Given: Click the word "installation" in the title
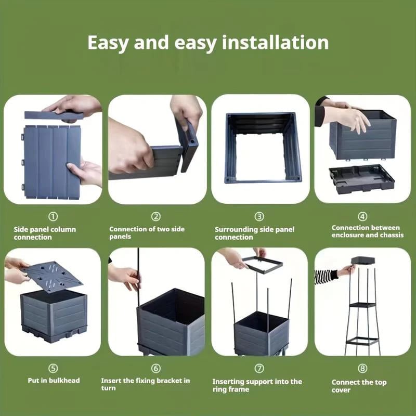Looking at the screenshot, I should pyautogui.click(x=275, y=42).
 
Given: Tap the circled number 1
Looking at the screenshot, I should pyautogui.click(x=53, y=217).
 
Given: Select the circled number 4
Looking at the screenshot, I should pyautogui.click(x=362, y=217).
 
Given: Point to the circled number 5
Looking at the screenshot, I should pyautogui.click(x=53, y=369).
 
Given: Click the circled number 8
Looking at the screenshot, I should pyautogui.click(x=362, y=369).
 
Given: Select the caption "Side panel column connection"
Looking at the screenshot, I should pyautogui.click(x=45, y=233).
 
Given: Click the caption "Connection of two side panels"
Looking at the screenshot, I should pyautogui.click(x=147, y=233).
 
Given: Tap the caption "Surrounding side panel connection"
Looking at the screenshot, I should pyautogui.click(x=254, y=233).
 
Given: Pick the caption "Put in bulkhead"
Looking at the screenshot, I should pyautogui.click(x=54, y=380).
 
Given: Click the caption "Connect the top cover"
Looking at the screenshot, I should pyautogui.click(x=359, y=386).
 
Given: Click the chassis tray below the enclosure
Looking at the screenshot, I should pyautogui.click(x=361, y=178).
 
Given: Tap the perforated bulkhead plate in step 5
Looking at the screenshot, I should pyautogui.click(x=54, y=276).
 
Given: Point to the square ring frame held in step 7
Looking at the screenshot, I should pyautogui.click(x=262, y=264).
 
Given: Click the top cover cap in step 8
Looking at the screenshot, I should pyautogui.click(x=363, y=261).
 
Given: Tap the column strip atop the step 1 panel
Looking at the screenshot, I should pyautogui.click(x=53, y=115).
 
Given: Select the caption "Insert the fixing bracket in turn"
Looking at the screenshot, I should pyautogui.click(x=146, y=384).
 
